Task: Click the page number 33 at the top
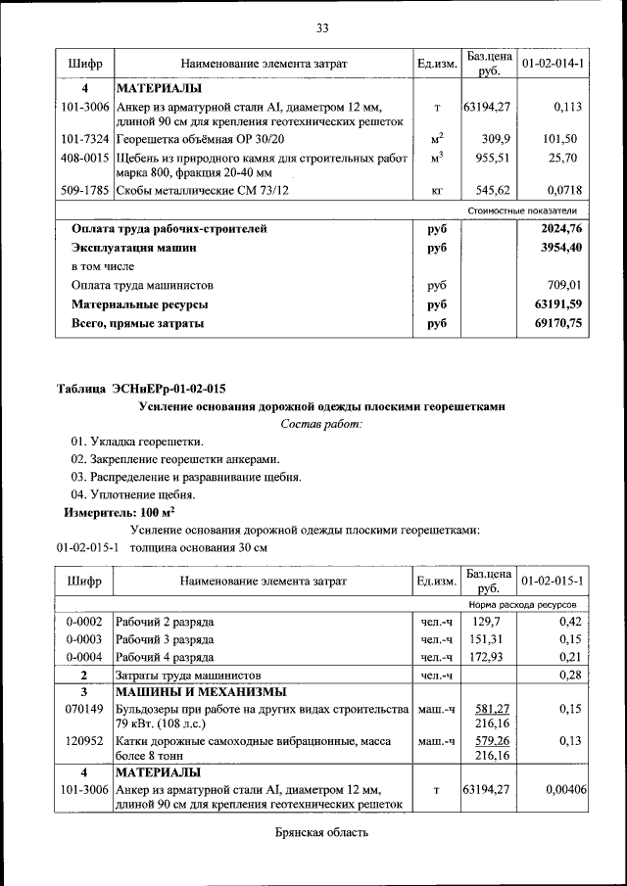(x=321, y=26)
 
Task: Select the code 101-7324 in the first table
(x=84, y=139)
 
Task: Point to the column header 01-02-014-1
(x=553, y=64)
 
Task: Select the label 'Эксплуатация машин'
(x=133, y=248)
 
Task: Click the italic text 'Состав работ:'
(x=321, y=424)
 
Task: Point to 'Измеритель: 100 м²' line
(x=120, y=512)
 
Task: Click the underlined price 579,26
(x=489, y=741)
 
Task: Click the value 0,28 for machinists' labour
(x=569, y=675)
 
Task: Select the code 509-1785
(x=84, y=190)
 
